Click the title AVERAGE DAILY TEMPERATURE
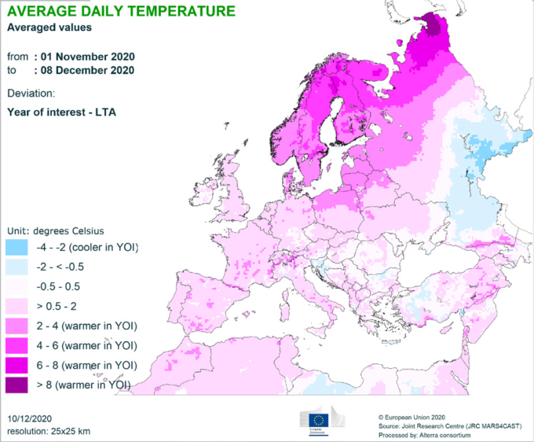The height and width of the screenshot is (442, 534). [x=120, y=11]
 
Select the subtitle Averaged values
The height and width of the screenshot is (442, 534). [x=49, y=28]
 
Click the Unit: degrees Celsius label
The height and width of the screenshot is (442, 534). [x=56, y=230]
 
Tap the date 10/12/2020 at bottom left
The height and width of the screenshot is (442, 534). [x=31, y=418]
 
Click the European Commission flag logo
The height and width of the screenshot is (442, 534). [x=320, y=418]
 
